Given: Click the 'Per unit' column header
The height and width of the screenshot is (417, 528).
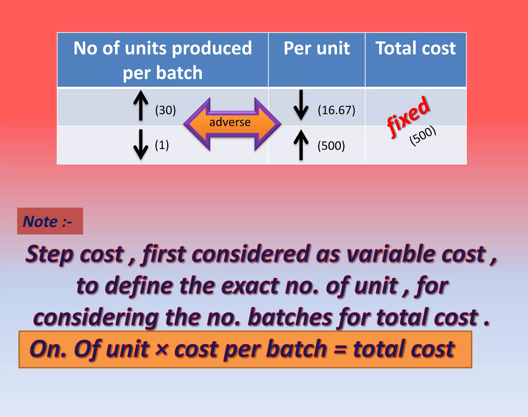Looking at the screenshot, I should [x=317, y=48].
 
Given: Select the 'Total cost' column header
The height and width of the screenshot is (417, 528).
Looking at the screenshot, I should [x=416, y=48].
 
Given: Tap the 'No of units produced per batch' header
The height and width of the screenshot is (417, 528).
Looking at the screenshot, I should [x=163, y=60].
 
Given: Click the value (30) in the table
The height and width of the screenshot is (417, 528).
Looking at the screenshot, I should [x=166, y=110].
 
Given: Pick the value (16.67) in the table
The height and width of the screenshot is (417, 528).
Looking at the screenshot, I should [x=336, y=110].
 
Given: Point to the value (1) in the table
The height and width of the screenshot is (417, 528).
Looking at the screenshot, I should [x=162, y=145].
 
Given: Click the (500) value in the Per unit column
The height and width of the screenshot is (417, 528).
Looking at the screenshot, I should [x=331, y=146].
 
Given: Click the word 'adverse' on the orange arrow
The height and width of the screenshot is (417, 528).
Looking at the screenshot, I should [x=230, y=122].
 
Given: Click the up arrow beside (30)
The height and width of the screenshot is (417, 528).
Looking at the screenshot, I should [x=141, y=105].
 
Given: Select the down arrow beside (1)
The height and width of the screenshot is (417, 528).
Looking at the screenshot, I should [x=141, y=145].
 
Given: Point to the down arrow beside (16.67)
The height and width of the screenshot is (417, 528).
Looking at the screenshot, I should [x=301, y=105].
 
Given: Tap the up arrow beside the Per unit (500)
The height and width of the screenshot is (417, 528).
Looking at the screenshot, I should [x=301, y=145].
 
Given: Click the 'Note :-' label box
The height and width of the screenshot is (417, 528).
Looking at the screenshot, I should [x=50, y=221].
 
